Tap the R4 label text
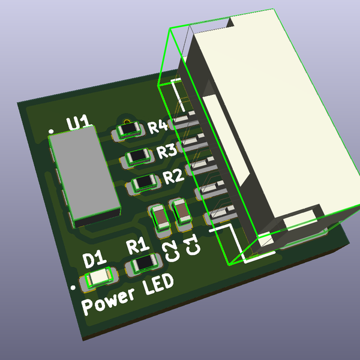158,127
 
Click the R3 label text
166,151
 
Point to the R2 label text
173,176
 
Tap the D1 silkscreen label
94,260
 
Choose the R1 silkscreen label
136,245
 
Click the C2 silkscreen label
171,251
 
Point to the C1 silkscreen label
191,245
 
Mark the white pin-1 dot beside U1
52,130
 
